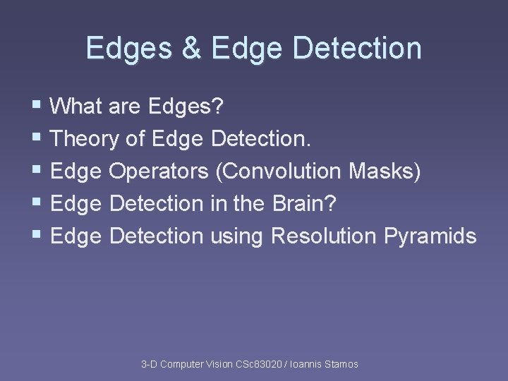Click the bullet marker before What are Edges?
(x=37, y=107)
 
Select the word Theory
(x=86, y=139)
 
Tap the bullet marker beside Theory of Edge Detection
(x=37, y=139)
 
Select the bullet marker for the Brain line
(x=37, y=204)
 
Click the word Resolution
(x=325, y=236)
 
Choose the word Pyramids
(x=430, y=236)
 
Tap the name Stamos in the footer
(x=341, y=364)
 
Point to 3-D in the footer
(x=149, y=364)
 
